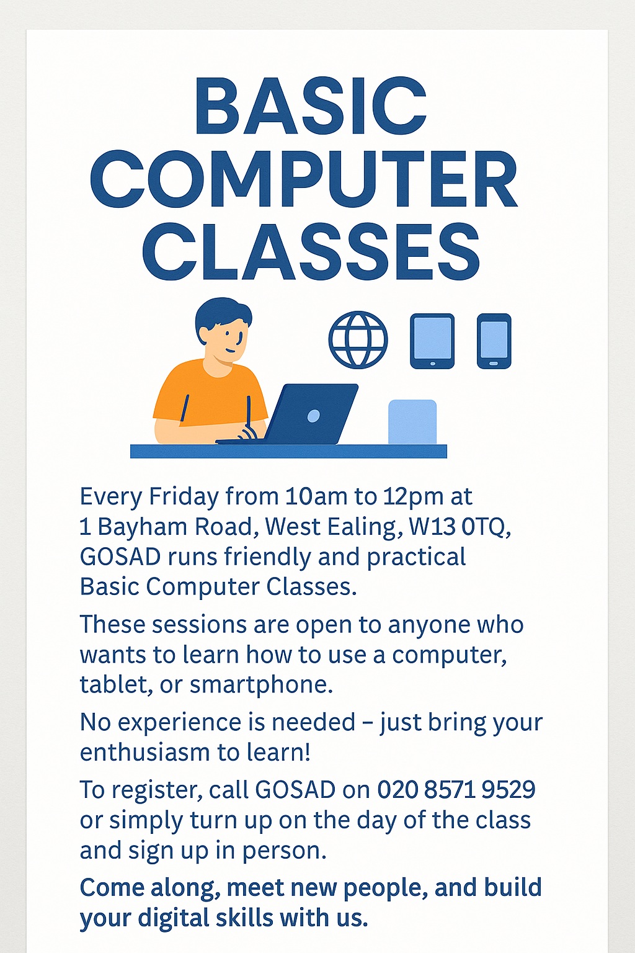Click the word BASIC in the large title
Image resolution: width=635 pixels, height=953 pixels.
click(x=310, y=107)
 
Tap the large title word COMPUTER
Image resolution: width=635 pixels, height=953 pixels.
click(x=304, y=180)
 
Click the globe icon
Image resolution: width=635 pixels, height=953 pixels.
click(x=358, y=340)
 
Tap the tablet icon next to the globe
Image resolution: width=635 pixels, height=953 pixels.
click(x=432, y=341)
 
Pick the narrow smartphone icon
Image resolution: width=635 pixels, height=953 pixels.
click(x=494, y=341)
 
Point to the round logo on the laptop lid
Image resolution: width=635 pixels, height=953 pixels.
click(x=314, y=416)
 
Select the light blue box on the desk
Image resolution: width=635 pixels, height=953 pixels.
click(x=412, y=422)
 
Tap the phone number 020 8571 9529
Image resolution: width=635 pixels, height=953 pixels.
click(x=456, y=790)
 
